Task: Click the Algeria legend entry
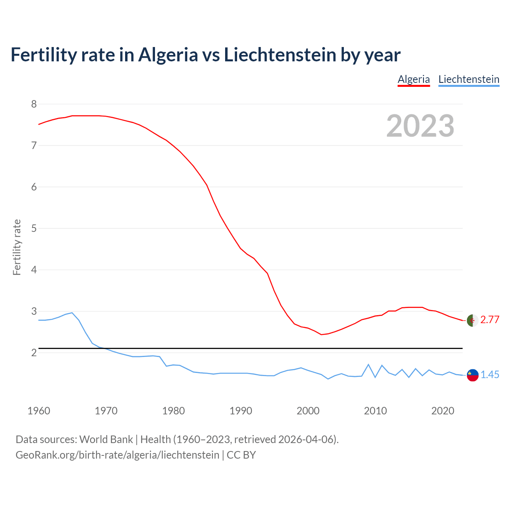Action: (x=414, y=79)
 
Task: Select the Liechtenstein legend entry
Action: (x=469, y=79)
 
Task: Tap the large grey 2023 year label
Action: (x=420, y=126)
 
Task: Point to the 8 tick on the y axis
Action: (x=34, y=104)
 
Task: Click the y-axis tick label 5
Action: (x=34, y=229)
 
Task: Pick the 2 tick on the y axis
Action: (x=34, y=353)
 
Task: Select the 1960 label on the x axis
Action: (x=39, y=411)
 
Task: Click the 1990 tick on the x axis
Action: (x=241, y=411)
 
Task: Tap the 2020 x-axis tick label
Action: (x=443, y=411)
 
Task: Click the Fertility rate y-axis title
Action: (x=17, y=247)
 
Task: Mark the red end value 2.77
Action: (x=490, y=320)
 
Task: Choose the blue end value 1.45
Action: (x=490, y=375)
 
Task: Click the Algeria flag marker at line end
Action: (x=473, y=320)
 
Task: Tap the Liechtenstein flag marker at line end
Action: (x=473, y=375)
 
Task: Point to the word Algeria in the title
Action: (x=168, y=55)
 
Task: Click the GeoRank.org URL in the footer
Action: (x=117, y=455)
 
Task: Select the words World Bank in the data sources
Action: (x=106, y=439)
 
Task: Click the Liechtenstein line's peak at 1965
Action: (x=72, y=313)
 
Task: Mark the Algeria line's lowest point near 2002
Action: (x=321, y=335)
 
